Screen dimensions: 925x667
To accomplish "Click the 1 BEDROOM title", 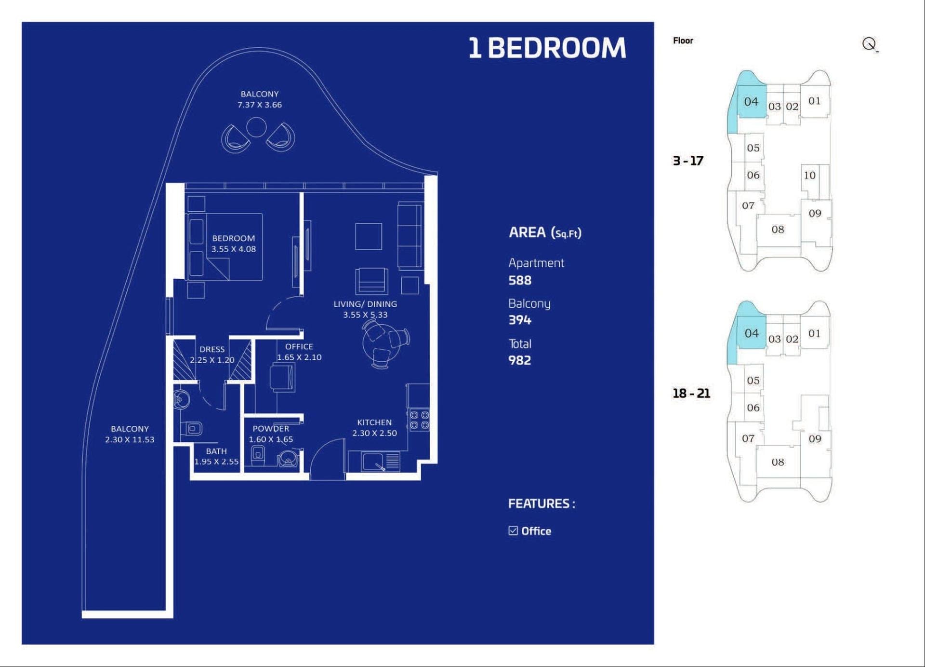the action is pos(547,48).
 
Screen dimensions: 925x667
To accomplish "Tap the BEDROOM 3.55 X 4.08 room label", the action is pos(234,244).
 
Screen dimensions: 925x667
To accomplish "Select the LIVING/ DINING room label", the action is pos(365,309).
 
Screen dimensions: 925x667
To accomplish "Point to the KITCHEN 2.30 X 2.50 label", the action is pos(374,428).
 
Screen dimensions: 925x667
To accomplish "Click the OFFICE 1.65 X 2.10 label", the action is pos(299,352).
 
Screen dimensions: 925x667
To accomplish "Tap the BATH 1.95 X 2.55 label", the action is pos(216,456).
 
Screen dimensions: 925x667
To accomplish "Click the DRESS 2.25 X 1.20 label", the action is pos(212,354).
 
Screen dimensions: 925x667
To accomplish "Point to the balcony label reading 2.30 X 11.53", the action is pos(130,434).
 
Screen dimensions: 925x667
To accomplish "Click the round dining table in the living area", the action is pos(381,342).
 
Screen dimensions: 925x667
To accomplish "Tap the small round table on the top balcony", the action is pos(256,127).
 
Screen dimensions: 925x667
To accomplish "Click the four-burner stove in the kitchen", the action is pos(419,420).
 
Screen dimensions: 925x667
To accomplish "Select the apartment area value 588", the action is pos(520,280).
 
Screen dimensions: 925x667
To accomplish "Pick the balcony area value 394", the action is pos(520,320).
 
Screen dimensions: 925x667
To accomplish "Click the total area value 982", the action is pos(520,360).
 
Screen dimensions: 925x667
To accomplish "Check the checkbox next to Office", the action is pos(513,531).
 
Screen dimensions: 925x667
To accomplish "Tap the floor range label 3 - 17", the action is pos(688,161).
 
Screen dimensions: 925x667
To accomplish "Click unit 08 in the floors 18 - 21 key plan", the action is pos(778,462).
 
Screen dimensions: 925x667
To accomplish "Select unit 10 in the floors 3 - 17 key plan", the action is pos(809,176).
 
